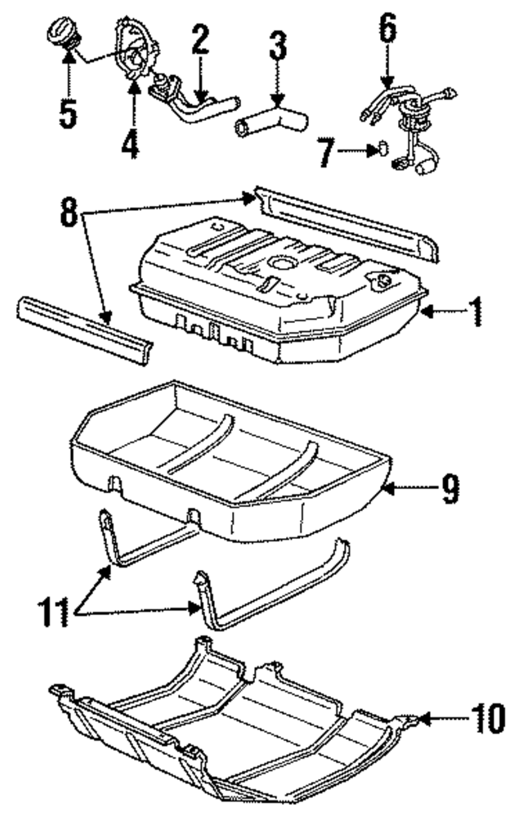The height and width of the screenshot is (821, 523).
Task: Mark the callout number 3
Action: click(x=279, y=47)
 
